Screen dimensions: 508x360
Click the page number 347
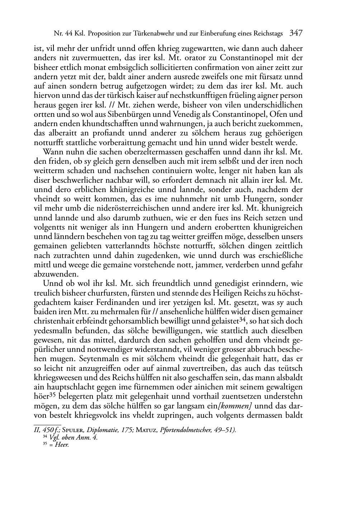tap(296, 33)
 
